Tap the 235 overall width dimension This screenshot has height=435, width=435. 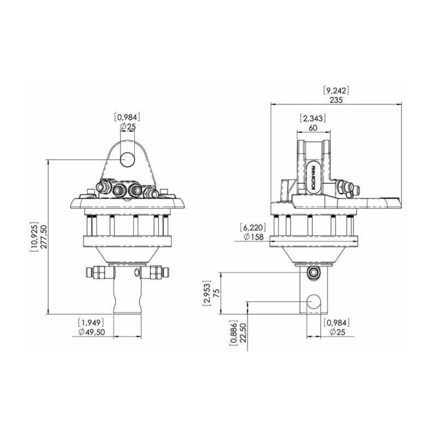pos(336,100)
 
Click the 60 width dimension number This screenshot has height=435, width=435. pos(313,128)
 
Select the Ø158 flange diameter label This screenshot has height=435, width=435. pos(253,237)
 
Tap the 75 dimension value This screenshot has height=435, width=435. pos(216,293)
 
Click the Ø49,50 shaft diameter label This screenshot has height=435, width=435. pos(91,332)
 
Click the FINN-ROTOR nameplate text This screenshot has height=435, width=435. pos(314,178)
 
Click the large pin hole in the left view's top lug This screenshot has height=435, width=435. pos(127,159)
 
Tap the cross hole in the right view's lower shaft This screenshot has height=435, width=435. pos(314,302)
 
